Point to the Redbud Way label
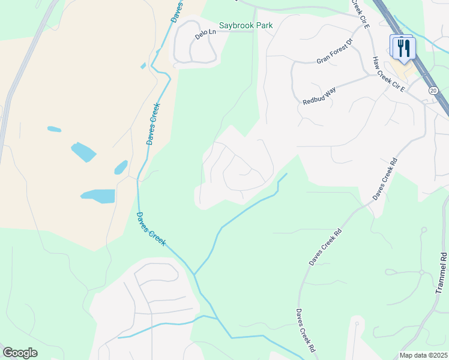[x=319, y=96]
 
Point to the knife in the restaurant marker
[x=406, y=46]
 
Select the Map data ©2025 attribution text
[x=423, y=355]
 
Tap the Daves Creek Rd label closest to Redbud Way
[x=385, y=179]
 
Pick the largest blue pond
[x=98, y=196]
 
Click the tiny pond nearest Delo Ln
[x=143, y=66]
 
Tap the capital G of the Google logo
[x=8, y=353]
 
